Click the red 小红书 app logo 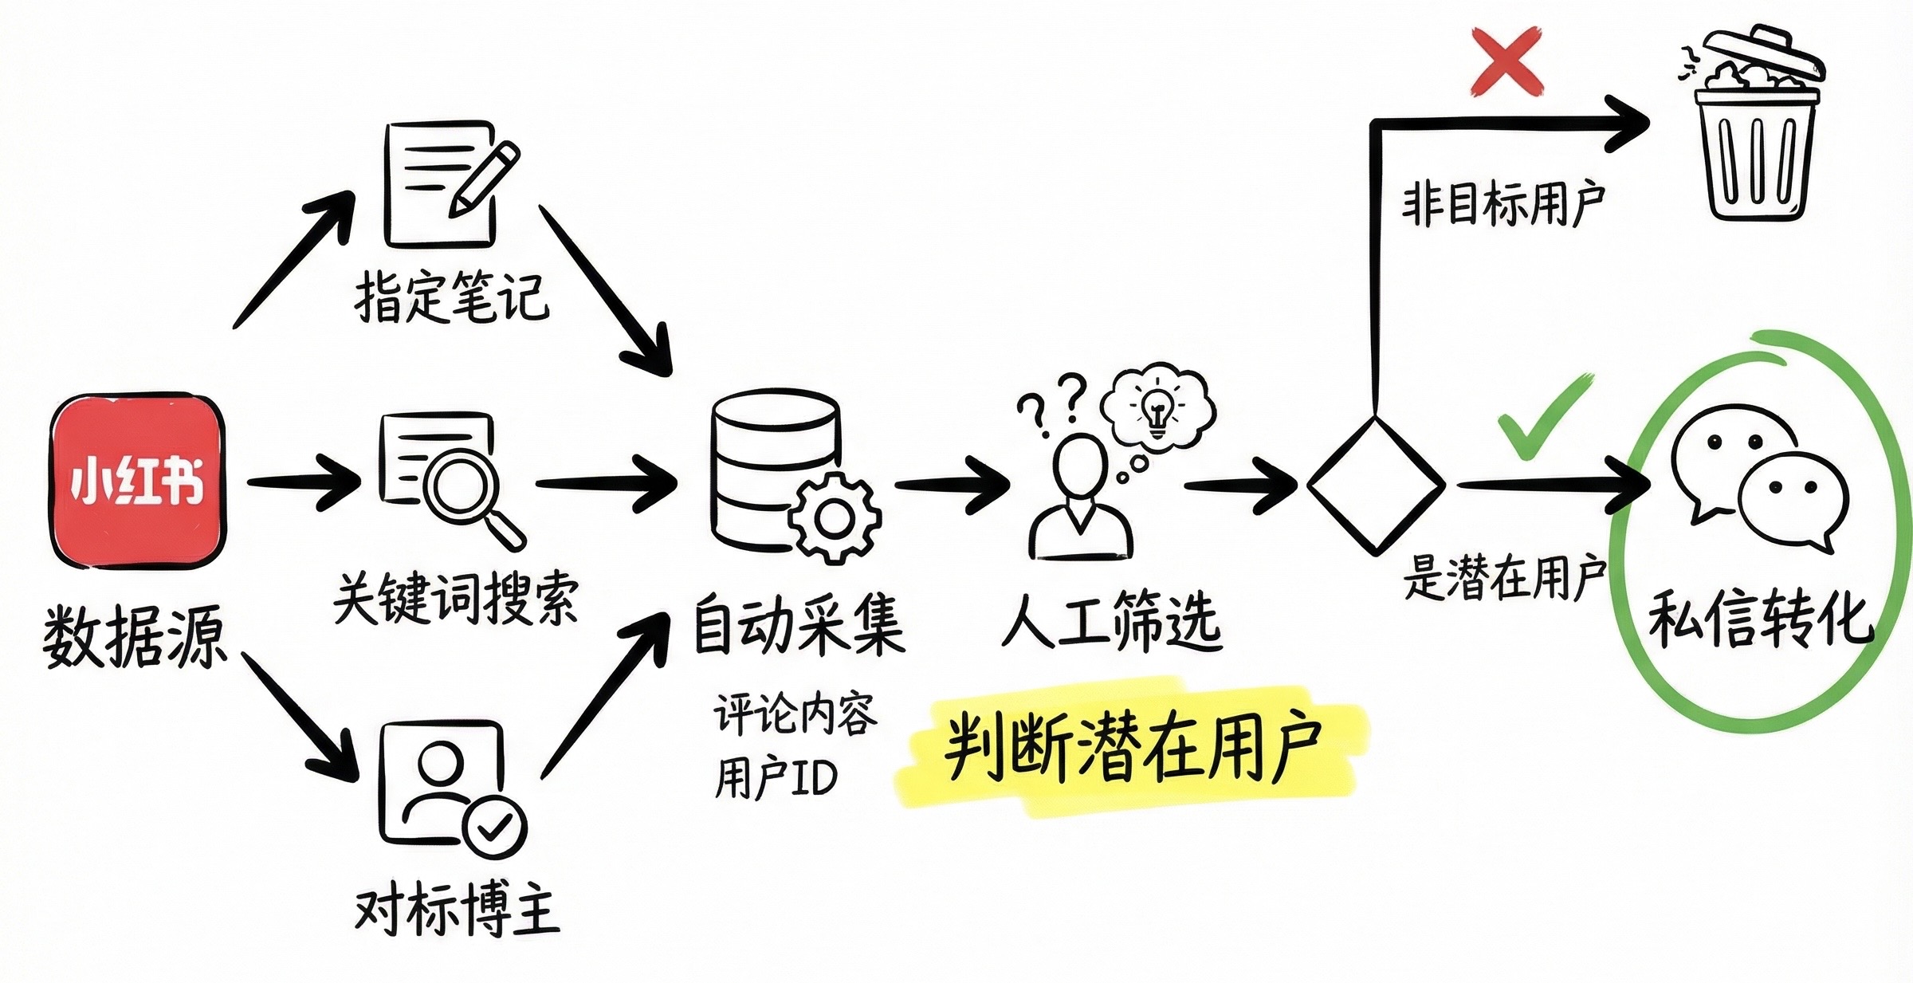pos(137,481)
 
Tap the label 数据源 pos(134,636)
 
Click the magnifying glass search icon pos(466,486)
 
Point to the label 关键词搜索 pos(455,598)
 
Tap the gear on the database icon pos(835,518)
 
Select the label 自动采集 pos(799,626)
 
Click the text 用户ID pos(776,777)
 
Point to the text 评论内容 pos(795,714)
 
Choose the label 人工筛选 pos(1112,622)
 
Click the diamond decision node pos(1376,485)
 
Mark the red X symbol pos(1506,61)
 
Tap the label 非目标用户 pos(1503,203)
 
